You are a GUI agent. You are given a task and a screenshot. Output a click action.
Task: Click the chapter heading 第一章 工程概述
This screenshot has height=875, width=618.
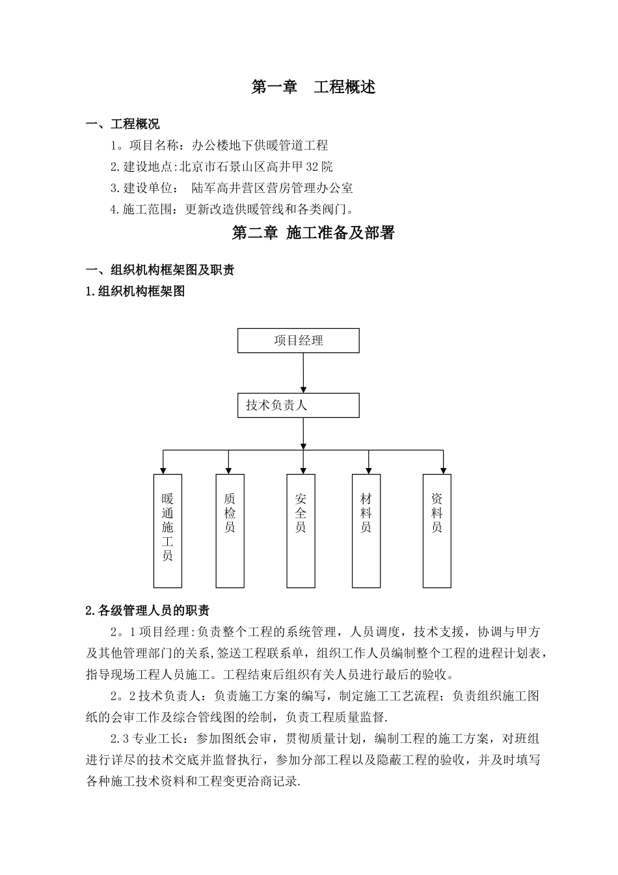click(313, 87)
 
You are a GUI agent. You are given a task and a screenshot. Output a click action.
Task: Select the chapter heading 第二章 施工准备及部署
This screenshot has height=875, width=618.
click(313, 233)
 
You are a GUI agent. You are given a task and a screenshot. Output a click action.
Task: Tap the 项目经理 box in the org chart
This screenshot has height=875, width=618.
click(298, 340)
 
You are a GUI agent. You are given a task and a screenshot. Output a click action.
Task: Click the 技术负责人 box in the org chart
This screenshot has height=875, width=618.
click(298, 405)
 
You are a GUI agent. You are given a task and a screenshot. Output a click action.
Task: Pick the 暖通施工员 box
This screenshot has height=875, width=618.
click(167, 531)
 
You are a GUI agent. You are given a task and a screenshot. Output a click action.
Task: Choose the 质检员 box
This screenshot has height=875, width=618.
click(229, 531)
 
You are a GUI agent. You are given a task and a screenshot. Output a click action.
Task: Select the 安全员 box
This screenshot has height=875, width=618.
click(301, 531)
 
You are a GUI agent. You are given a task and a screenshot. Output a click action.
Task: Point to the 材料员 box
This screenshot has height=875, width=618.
click(366, 531)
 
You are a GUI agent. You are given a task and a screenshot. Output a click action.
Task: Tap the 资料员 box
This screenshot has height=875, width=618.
click(437, 531)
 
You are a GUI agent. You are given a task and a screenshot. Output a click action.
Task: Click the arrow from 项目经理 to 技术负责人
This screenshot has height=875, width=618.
click(303, 372)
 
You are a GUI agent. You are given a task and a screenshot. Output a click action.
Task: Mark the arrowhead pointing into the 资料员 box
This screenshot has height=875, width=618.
click(444, 469)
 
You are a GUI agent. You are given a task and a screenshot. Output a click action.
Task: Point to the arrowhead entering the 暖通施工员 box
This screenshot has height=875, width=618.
click(163, 469)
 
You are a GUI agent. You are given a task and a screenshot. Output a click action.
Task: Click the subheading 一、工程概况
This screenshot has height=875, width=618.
click(123, 124)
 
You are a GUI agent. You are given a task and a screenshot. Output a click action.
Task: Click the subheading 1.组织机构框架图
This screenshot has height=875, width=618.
click(135, 291)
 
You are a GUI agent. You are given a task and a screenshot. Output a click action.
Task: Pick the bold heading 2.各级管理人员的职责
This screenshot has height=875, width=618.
click(148, 610)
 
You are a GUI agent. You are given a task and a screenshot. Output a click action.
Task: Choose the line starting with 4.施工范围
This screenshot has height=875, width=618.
click(234, 210)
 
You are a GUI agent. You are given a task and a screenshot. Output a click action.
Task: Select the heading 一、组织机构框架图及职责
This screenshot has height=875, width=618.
click(161, 270)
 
